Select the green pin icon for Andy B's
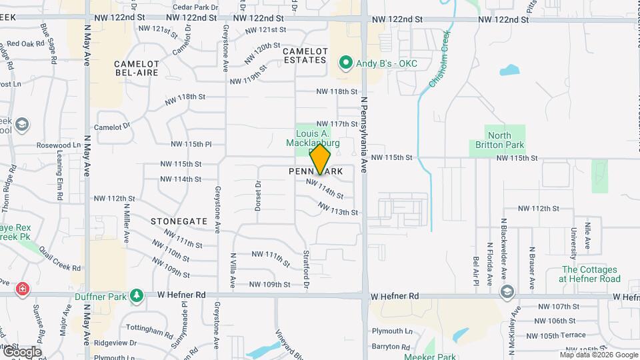pyautogui.click(x=345, y=63)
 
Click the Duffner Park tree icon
pyautogui.click(x=137, y=295)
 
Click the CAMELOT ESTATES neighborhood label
pyautogui.click(x=305, y=56)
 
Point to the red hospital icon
pyautogui.click(x=23, y=289)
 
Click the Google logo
pyautogui.click(x=21, y=351)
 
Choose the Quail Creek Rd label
pyautogui.click(x=60, y=259)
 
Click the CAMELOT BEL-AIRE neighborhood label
pyautogui.click(x=137, y=69)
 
